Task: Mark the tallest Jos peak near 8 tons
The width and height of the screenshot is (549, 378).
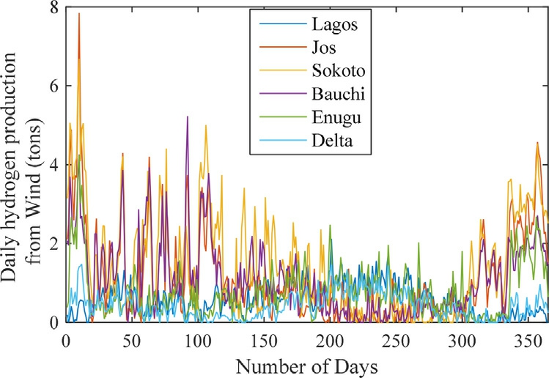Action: (x=78, y=14)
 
